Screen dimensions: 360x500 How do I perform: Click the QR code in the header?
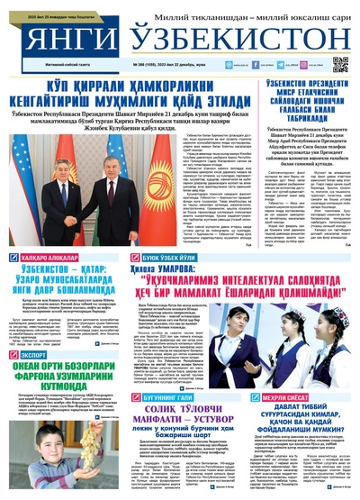(338, 64)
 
